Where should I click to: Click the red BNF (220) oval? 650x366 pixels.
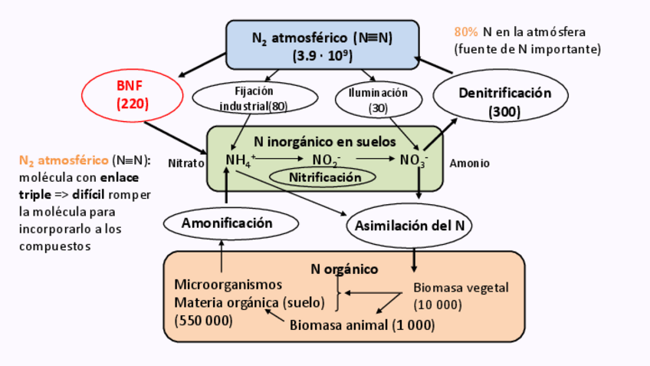pyautogui.click(x=132, y=95)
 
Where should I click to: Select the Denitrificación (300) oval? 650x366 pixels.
pyautogui.click(x=501, y=101)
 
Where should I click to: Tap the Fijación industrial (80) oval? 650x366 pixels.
pyautogui.click(x=254, y=97)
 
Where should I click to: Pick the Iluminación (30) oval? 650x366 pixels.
pyautogui.click(x=378, y=101)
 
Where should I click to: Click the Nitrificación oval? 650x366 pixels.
pyautogui.click(x=323, y=177)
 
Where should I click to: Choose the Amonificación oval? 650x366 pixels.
pyautogui.click(x=228, y=223)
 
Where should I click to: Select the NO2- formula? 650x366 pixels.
pyautogui.click(x=327, y=160)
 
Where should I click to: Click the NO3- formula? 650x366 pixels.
pyautogui.click(x=414, y=160)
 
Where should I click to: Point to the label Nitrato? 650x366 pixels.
pyautogui.click(x=185, y=163)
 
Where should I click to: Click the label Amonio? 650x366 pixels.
pyautogui.click(x=469, y=163)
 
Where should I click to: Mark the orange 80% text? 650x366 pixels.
pyautogui.click(x=466, y=32)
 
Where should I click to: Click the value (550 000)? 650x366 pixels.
pyautogui.click(x=203, y=319)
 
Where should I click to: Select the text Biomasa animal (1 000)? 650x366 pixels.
pyautogui.click(x=362, y=325)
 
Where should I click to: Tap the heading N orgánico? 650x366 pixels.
pyautogui.click(x=344, y=269)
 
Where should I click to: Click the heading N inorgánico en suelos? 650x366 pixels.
pyautogui.click(x=325, y=141)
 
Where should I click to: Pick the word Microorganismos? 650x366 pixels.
pyautogui.click(x=228, y=285)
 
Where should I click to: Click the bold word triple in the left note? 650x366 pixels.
pyautogui.click(x=34, y=195)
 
